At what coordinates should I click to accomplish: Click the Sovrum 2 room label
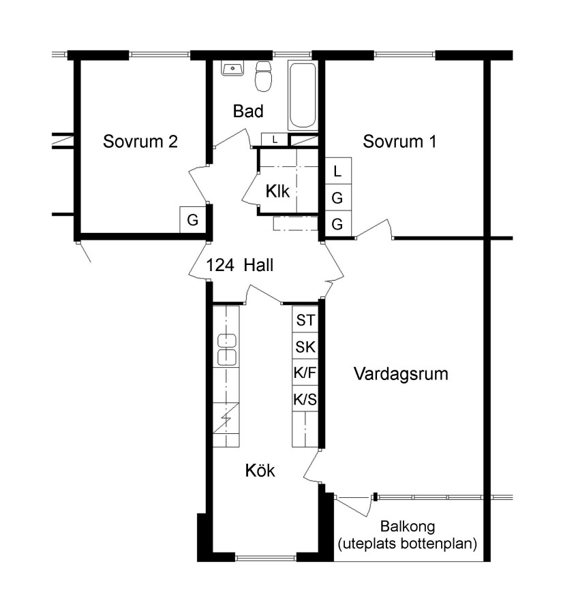pyautogui.click(x=140, y=141)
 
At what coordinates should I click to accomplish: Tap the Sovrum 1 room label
pyautogui.click(x=399, y=141)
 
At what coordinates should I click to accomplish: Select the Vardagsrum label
pyautogui.click(x=401, y=374)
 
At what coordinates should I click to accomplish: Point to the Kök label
pyautogui.click(x=260, y=470)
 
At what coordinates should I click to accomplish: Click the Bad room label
pyautogui.click(x=248, y=111)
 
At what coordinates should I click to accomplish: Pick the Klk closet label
pyautogui.click(x=278, y=191)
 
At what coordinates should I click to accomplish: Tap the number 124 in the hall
pyautogui.click(x=220, y=265)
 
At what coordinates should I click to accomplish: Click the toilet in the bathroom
pyautogui.click(x=263, y=76)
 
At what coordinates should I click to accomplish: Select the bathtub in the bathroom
pyautogui.click(x=303, y=95)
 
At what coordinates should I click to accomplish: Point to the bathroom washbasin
pyautogui.click(x=232, y=68)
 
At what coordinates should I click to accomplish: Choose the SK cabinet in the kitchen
pyautogui.click(x=305, y=346)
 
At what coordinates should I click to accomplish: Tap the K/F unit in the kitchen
pyautogui.click(x=305, y=372)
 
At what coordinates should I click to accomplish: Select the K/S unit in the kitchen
pyautogui.click(x=305, y=398)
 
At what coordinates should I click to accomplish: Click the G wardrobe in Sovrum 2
pyautogui.click(x=192, y=220)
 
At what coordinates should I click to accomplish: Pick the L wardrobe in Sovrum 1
pyautogui.click(x=338, y=170)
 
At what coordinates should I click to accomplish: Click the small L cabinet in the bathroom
pyautogui.click(x=275, y=140)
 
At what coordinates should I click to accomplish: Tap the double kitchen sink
pyautogui.click(x=226, y=350)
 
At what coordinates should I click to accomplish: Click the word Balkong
pyautogui.click(x=408, y=526)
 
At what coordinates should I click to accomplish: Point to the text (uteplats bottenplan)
pyautogui.click(x=408, y=544)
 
